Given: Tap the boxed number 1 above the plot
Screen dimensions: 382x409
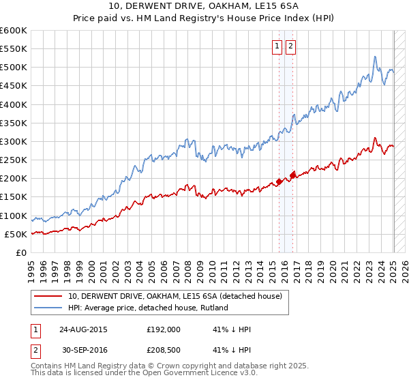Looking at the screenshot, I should point(278,46).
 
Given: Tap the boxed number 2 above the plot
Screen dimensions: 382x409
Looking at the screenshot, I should point(290,46).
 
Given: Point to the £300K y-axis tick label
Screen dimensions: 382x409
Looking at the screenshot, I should point(14,142).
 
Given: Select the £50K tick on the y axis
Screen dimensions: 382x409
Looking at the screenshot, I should point(16,234).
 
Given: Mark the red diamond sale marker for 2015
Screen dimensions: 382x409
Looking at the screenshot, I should point(279,181).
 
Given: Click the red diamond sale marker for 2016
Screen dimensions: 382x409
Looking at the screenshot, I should point(293,175).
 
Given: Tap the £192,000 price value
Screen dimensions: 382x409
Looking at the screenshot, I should point(164,329).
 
